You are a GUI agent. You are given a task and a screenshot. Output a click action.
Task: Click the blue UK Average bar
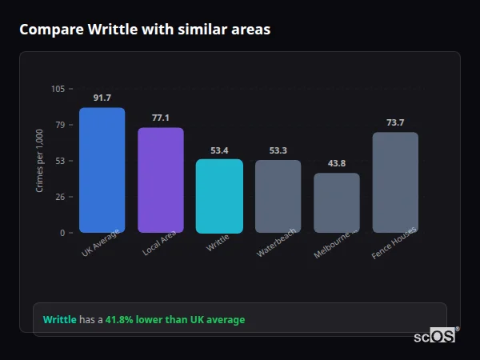(x=102, y=170)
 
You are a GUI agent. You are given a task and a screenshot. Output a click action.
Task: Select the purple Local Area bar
(x=161, y=180)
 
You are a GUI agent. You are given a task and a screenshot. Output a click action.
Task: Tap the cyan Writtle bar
(x=219, y=196)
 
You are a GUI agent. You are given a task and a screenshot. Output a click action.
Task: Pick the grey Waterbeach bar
(x=278, y=196)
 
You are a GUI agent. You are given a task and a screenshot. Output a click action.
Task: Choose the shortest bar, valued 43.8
(x=337, y=202)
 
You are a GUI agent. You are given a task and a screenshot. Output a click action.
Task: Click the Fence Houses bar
(x=395, y=182)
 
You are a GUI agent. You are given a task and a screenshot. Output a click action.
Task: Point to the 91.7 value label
(x=102, y=98)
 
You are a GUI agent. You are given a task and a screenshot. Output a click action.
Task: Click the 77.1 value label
(x=161, y=118)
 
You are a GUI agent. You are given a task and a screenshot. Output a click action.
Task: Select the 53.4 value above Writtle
(x=219, y=150)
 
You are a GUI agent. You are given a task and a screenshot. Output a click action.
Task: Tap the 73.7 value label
(x=395, y=122)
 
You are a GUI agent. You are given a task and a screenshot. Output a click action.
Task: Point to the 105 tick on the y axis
(x=58, y=89)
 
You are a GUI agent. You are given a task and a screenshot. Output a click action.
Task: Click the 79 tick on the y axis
(x=59, y=125)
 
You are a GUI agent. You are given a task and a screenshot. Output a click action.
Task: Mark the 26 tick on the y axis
(x=59, y=197)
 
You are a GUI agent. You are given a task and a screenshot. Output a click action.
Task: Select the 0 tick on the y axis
(x=62, y=233)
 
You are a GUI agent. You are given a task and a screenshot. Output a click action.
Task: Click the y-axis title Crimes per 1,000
(x=40, y=161)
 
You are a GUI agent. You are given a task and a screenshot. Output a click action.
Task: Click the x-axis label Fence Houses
(x=394, y=244)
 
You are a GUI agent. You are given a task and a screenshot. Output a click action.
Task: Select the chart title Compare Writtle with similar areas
(x=145, y=30)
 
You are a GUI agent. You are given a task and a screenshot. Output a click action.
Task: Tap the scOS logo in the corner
(x=434, y=337)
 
